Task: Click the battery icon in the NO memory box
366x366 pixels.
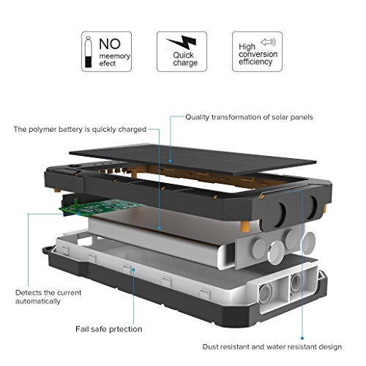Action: [89, 52]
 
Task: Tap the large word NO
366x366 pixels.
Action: [110, 44]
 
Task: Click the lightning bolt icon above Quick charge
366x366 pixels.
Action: [182, 42]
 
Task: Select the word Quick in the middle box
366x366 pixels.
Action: [183, 55]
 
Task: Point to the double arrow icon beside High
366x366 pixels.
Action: [268, 42]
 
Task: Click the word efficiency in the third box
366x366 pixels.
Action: [255, 62]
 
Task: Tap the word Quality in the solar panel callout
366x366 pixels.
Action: [198, 117]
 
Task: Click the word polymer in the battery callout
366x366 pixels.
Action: [42, 130]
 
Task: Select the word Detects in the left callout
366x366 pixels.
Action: [27, 293]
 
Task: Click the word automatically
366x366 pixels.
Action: [38, 302]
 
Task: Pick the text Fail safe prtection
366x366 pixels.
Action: [109, 329]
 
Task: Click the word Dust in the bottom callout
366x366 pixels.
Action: [210, 347]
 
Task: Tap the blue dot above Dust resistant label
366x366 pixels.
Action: [302, 338]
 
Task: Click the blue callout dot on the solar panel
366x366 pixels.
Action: [170, 161]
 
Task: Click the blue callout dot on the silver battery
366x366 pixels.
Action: [160, 228]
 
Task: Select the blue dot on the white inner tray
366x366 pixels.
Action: [133, 269]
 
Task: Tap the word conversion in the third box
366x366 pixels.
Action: [258, 54]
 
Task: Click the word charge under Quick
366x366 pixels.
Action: [185, 63]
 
